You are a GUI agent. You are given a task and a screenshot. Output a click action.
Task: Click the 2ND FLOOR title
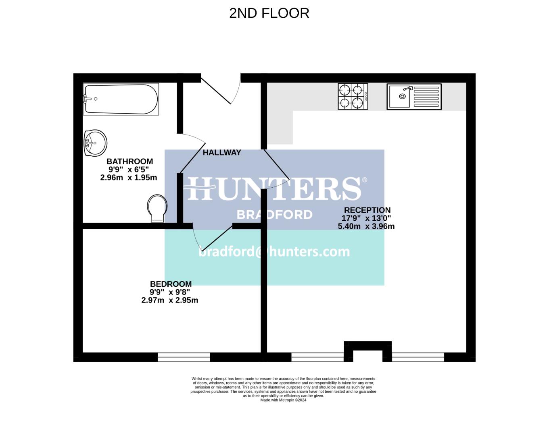[269, 13]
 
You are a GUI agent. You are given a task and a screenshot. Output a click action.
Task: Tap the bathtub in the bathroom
[121, 99]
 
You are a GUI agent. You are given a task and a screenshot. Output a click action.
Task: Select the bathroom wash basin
[96, 143]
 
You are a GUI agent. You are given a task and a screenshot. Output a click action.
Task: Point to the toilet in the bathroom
[157, 208]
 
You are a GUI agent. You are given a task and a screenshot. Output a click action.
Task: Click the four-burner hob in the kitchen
[353, 97]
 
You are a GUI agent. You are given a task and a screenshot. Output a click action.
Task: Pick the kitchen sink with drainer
[414, 97]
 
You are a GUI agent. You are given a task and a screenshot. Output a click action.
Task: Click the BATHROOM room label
[129, 162]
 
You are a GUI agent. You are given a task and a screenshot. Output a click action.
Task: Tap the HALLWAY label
[221, 153]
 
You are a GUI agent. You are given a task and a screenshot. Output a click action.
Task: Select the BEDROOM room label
[171, 284]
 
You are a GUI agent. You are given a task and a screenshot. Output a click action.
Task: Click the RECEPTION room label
[367, 210]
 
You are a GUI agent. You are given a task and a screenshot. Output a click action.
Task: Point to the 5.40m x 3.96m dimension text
[366, 226]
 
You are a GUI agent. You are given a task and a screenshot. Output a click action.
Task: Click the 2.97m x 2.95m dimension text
[170, 300]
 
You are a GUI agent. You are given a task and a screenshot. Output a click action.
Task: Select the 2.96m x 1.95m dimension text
[129, 178]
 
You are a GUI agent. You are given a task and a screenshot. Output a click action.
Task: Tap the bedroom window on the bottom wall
[184, 357]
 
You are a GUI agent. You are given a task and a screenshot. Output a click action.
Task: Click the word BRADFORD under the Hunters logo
[274, 215]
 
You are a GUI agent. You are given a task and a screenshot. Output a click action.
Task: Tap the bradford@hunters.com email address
[274, 252]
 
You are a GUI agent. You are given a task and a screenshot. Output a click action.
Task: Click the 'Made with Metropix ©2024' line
[283, 400]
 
